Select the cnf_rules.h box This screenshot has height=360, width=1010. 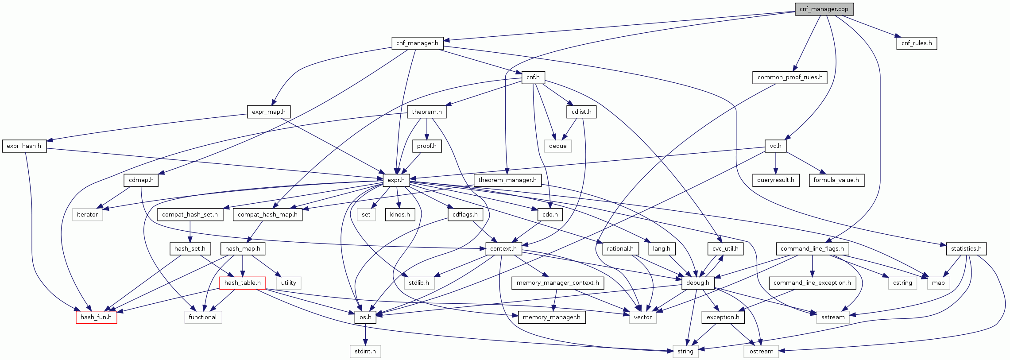[916, 43]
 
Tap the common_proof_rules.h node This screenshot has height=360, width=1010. [789, 77]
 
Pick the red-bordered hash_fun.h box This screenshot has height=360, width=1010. [96, 317]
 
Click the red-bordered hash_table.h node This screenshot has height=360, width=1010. [242, 283]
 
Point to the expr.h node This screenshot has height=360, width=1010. [396, 180]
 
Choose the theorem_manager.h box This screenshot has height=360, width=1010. [507, 180]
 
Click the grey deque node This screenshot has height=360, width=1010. [557, 146]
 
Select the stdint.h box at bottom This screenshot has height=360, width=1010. [365, 352]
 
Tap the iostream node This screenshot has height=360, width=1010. [760, 352]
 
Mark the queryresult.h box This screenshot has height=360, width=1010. [775, 180]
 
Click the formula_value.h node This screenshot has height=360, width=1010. [836, 180]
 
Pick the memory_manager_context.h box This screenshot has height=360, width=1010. [557, 283]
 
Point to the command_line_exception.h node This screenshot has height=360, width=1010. [812, 283]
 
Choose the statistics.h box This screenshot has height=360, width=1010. [966, 249]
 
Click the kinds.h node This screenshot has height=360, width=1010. [400, 215]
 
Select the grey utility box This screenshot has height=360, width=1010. [288, 283]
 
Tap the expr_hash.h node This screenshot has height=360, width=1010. [24, 146]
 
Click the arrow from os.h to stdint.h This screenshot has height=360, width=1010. [365, 334]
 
